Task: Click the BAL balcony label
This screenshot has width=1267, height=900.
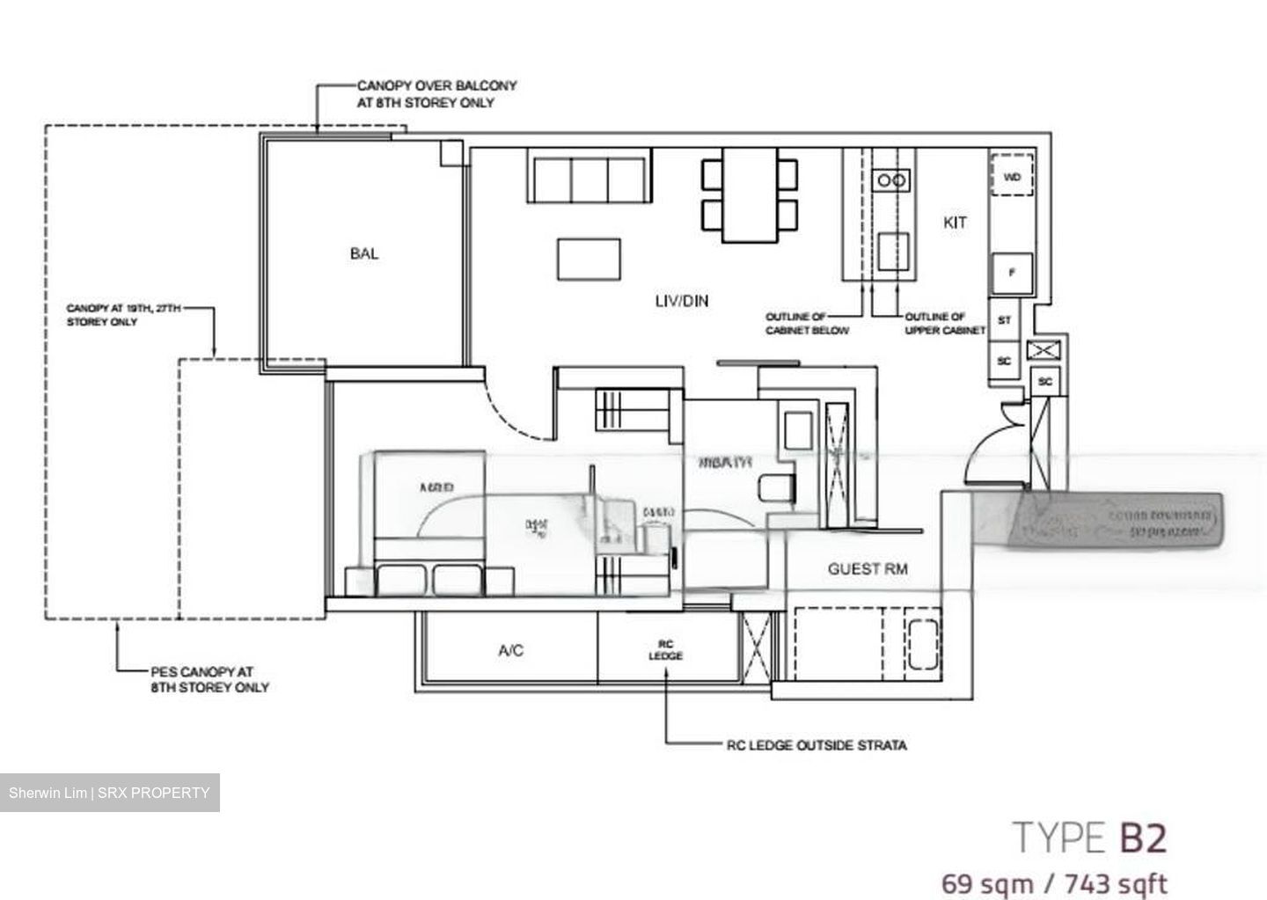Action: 363,253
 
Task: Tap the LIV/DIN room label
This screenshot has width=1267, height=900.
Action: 681,301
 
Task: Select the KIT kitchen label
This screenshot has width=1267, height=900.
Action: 955,223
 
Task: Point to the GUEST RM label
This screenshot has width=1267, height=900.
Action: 867,569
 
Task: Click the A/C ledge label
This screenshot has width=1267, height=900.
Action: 510,650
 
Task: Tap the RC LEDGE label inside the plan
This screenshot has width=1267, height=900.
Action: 665,650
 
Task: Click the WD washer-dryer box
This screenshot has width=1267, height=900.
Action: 1012,177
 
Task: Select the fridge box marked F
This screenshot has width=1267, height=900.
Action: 1012,273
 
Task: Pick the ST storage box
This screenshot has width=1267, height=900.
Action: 1004,320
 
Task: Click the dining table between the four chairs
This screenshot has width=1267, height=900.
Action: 750,194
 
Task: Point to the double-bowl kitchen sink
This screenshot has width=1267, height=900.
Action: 890,180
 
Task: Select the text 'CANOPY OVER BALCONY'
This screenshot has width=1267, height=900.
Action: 436,86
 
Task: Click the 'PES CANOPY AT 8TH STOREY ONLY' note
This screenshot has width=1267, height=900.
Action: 209,679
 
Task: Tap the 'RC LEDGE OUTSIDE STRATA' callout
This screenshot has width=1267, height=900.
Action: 817,745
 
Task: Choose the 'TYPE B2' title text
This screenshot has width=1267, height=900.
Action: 1089,838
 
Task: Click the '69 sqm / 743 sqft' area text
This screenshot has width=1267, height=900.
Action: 1053,882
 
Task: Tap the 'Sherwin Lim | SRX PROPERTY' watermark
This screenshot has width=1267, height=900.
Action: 109,793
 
